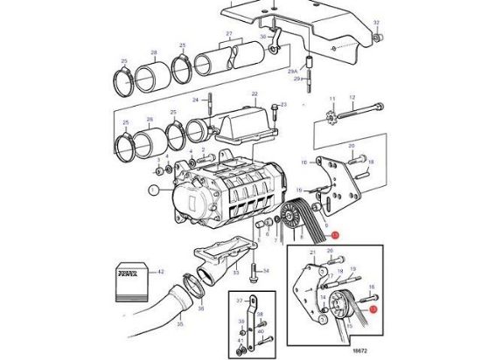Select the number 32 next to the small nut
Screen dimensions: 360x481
[x=377, y=21]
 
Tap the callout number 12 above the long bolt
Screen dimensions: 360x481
[x=352, y=98]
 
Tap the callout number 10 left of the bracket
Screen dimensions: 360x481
[x=304, y=163]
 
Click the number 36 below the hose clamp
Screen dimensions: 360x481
[x=199, y=308]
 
